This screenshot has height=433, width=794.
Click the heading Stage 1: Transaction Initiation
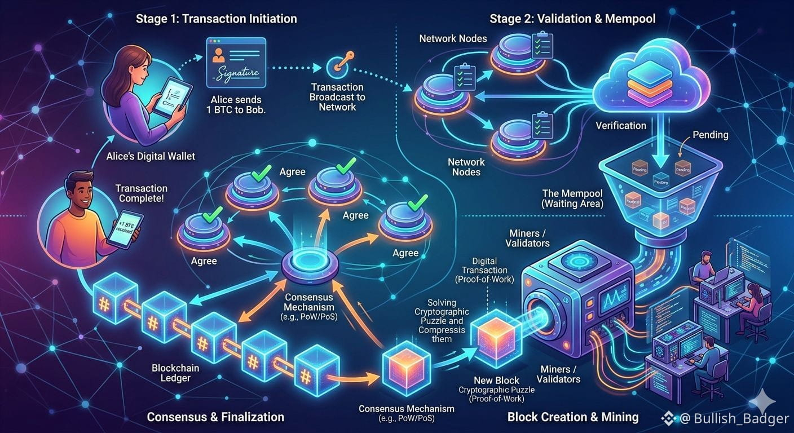coord(216,19)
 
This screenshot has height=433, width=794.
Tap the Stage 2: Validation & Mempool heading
coord(572,19)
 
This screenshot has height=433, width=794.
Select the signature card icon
coord(236,62)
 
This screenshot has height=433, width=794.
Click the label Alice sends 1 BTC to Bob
coord(236,104)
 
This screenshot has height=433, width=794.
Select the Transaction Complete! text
coord(141,193)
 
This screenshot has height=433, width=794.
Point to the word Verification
coord(621,125)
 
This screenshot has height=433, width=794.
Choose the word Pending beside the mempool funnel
coord(710,135)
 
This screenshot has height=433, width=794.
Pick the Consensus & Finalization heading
coord(215,417)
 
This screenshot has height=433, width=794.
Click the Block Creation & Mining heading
coord(573,417)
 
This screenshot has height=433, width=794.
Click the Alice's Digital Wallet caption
coord(151,156)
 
